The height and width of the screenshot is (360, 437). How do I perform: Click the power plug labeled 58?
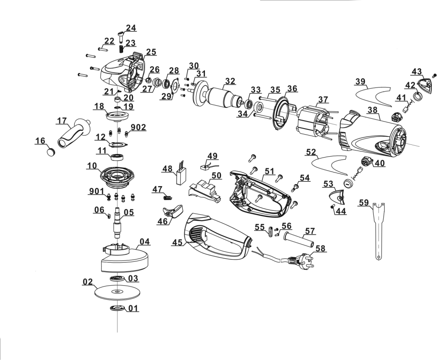(299, 262)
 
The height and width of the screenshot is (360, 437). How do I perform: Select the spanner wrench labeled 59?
(377, 229)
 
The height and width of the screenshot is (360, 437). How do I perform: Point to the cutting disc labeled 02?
(115, 293)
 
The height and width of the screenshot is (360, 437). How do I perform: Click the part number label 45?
(178, 242)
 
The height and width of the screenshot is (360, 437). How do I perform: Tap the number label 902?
(139, 127)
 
